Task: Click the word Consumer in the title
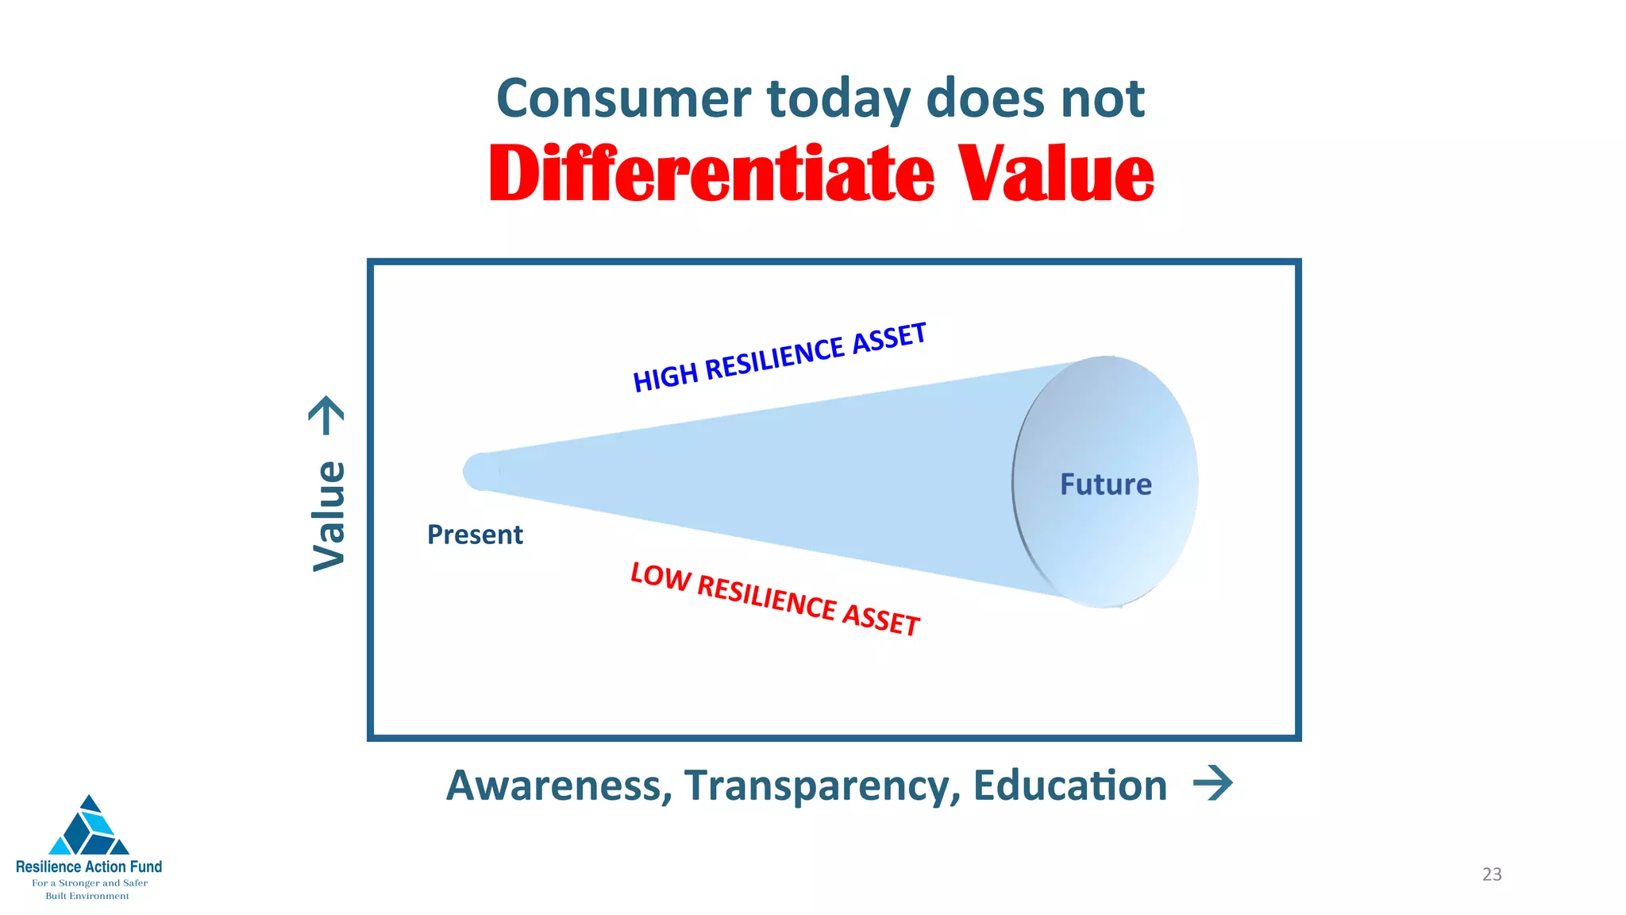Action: [623, 99]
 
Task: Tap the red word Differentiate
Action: [711, 175]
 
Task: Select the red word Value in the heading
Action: [1055, 175]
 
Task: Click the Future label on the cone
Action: [1105, 485]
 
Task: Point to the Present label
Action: [475, 535]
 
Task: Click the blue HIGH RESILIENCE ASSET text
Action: [779, 357]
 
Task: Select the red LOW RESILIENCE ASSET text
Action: [775, 599]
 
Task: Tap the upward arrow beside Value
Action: [326, 415]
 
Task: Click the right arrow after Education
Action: [1213, 784]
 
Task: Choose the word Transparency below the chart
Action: [822, 786]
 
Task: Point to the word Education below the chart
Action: [1069, 786]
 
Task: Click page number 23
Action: [1492, 874]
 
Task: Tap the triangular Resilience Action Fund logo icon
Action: [89, 828]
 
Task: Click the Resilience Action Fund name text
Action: [89, 867]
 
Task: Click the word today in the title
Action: [838, 99]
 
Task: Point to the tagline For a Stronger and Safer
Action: [89, 882]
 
